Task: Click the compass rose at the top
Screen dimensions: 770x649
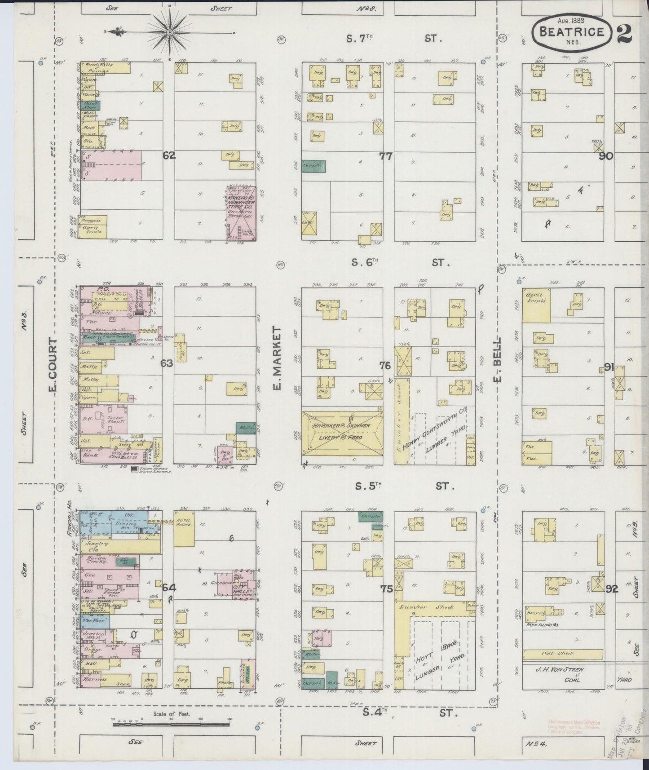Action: [171, 32]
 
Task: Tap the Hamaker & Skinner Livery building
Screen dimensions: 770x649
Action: [342, 432]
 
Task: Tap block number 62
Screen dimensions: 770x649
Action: [169, 156]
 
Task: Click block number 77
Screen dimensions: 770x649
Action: [386, 156]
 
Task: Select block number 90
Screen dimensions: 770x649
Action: [606, 156]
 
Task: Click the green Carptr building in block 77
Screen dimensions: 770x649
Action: [313, 166]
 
